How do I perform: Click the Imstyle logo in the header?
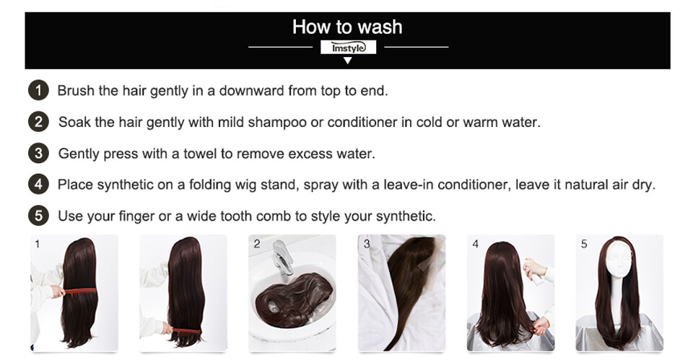348,48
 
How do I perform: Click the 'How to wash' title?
347,27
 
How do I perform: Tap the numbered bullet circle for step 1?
38,90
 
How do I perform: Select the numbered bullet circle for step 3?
38,153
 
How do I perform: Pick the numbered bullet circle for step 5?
38,216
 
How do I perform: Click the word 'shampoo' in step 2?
277,123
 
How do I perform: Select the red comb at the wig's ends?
186,331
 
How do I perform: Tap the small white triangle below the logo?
348,60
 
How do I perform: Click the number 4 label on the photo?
476,244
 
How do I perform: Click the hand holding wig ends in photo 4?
541,326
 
